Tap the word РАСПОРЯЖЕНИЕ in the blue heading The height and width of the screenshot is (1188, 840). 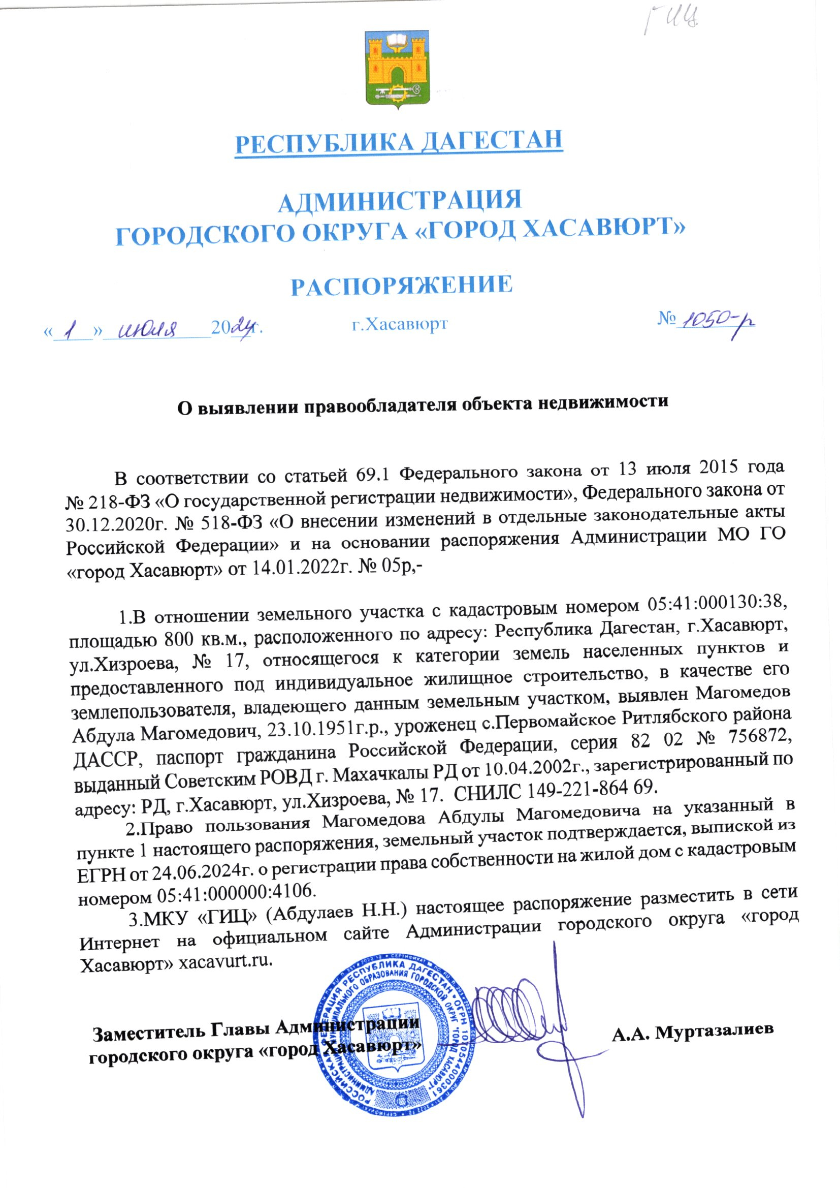[x=401, y=286]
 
